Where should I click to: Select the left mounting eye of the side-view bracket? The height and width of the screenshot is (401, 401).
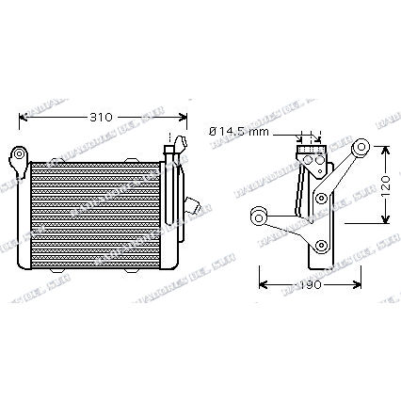(x=257, y=217)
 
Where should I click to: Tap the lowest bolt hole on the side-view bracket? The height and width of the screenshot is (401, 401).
(x=323, y=247)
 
